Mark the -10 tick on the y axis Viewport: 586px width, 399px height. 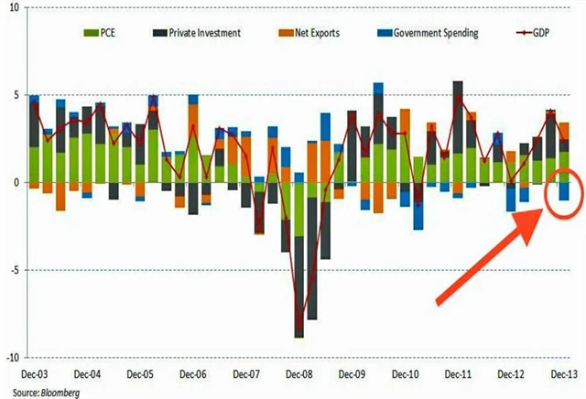click(x=13, y=357)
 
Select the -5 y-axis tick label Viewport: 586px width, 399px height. click(x=15, y=270)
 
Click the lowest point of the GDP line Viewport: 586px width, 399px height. click(x=298, y=334)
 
